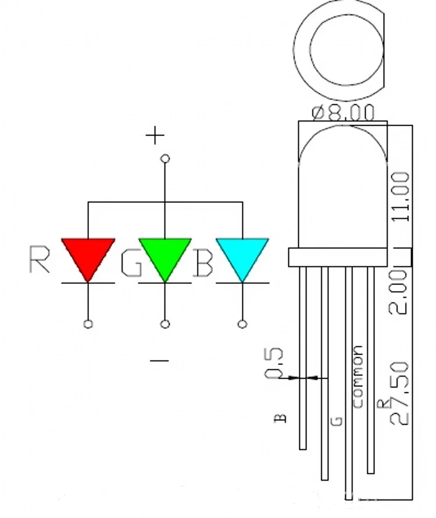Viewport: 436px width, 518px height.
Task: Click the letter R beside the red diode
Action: pyautogui.click(x=40, y=259)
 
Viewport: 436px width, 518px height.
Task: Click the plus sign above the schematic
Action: pyautogui.click(x=155, y=136)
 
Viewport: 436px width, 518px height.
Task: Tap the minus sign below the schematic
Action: pyautogui.click(x=159, y=361)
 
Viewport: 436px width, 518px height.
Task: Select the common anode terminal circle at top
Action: pyautogui.click(x=165, y=158)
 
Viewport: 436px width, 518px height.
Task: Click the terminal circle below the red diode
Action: pyautogui.click(x=88, y=324)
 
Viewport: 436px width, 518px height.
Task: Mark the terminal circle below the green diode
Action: pyautogui.click(x=165, y=324)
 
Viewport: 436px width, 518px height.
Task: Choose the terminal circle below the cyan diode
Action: pyautogui.click(x=242, y=324)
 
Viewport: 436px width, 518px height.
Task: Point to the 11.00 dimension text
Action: pyautogui.click(x=401, y=197)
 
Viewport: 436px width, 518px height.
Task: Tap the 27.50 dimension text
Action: pyautogui.click(x=401, y=393)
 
